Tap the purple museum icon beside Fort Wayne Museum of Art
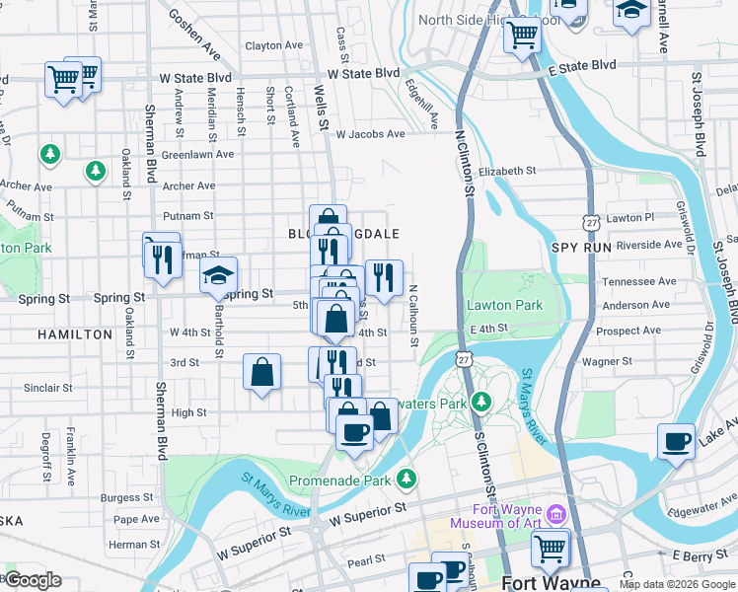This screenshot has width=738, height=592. coord(555,514)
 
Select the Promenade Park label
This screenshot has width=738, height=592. coord(340,481)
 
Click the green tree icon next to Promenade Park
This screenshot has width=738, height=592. coord(406,480)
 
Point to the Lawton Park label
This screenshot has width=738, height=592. coord(504,306)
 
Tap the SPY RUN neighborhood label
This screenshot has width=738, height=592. coord(580,247)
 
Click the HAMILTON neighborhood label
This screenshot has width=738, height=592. coord(75,334)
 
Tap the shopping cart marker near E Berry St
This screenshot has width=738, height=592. coord(550,547)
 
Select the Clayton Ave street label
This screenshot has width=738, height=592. coord(273,45)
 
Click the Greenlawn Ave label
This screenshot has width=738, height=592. coord(197,155)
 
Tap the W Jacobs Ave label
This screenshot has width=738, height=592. coord(370,134)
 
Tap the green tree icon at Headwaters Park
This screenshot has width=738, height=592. coord(480,402)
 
